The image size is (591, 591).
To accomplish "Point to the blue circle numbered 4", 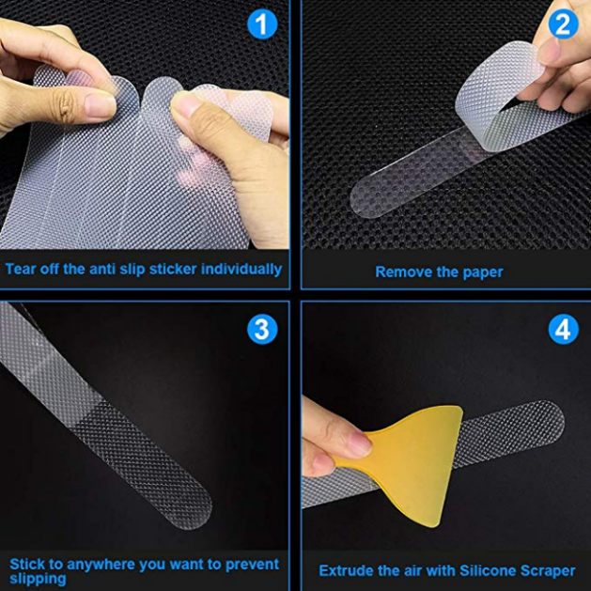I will pos(562,329).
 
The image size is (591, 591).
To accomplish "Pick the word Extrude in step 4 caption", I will pos(347,569).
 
